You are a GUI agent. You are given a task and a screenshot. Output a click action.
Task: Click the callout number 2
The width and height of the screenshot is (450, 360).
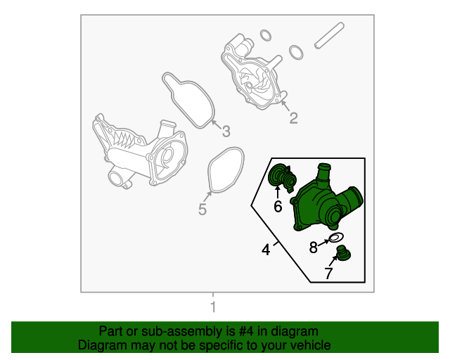point(293,118)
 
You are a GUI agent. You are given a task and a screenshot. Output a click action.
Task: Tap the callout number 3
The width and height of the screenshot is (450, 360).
point(226,131)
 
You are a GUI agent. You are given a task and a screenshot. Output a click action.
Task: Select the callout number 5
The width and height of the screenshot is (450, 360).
point(202,209)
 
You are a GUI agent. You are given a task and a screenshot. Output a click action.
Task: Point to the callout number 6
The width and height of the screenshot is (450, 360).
point(278,207)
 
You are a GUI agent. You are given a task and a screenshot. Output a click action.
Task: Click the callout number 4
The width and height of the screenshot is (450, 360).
point(266,250)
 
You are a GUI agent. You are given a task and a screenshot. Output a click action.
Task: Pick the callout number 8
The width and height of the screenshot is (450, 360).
point(314,247)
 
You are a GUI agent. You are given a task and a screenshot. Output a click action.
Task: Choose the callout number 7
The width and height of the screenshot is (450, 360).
point(328,273)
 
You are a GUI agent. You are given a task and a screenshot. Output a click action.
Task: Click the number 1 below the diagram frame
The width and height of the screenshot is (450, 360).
point(213,307)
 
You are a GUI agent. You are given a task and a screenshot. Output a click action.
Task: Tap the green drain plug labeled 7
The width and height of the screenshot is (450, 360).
point(343,254)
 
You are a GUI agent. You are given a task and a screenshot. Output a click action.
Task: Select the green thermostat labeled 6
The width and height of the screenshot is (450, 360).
point(282,176)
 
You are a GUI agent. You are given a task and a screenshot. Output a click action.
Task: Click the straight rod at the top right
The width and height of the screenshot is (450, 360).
point(329,35)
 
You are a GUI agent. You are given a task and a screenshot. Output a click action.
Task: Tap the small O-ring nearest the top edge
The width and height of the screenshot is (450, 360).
point(266,35)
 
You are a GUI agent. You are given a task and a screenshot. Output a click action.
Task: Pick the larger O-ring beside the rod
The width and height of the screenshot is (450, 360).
point(296,52)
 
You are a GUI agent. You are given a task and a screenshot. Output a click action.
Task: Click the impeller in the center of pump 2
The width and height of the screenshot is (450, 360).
point(253,82)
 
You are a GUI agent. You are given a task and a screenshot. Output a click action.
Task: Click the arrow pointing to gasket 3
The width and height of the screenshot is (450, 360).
point(216,124)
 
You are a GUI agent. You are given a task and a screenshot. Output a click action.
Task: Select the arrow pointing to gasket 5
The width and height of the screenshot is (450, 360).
point(207,197)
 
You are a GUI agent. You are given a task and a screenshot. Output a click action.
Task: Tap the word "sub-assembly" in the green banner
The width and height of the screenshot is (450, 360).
point(181,332)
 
